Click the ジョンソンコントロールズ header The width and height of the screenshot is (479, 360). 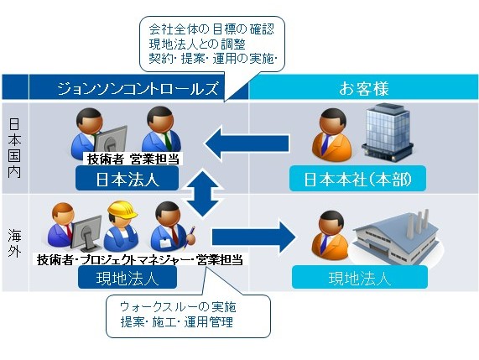click(138, 88)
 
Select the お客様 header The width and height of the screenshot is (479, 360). click(363, 88)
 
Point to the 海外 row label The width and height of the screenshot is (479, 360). click(14, 243)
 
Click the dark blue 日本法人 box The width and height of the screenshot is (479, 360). click(127, 179)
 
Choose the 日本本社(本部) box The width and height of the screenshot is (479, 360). click(357, 179)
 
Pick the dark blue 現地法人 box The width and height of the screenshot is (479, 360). click(128, 277)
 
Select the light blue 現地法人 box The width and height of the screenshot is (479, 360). click(360, 277)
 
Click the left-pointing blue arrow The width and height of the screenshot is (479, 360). click(247, 143)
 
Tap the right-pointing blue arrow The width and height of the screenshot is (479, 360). click(253, 237)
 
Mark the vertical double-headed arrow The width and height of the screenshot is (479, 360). click(202, 193)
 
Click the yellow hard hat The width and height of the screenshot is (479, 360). click(122, 210)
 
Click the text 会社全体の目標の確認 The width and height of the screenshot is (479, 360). click(211, 29)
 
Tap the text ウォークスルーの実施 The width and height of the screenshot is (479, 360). click(178, 307)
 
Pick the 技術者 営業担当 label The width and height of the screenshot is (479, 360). click(133, 159)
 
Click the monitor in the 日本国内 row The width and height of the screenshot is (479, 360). click(111, 141)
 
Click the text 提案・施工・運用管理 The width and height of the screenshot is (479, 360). click(177, 321)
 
